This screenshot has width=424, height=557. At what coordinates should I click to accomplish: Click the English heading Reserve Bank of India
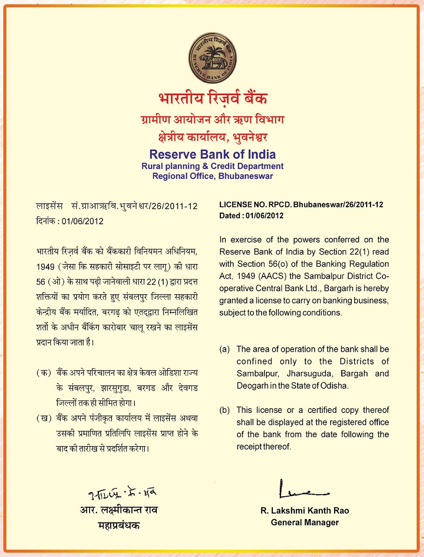pos(212,154)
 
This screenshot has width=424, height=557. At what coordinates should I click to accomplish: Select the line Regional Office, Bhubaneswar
pos(212,176)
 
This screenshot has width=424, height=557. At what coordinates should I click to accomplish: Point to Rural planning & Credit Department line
pos(212,166)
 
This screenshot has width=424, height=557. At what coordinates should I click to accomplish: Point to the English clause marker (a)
pos(225,349)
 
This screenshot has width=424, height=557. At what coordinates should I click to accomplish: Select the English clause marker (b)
pos(225,410)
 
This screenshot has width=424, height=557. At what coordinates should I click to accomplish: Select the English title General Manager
pos(305,523)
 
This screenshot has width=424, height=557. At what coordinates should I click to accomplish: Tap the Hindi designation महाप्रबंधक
pos(118,526)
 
